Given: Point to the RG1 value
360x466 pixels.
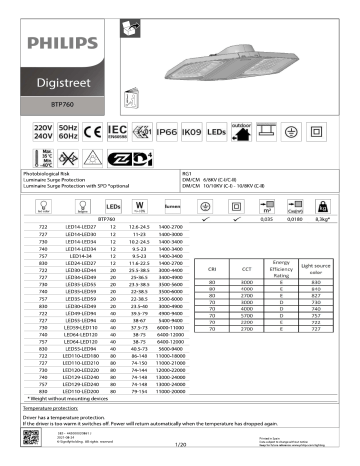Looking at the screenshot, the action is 186,173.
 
